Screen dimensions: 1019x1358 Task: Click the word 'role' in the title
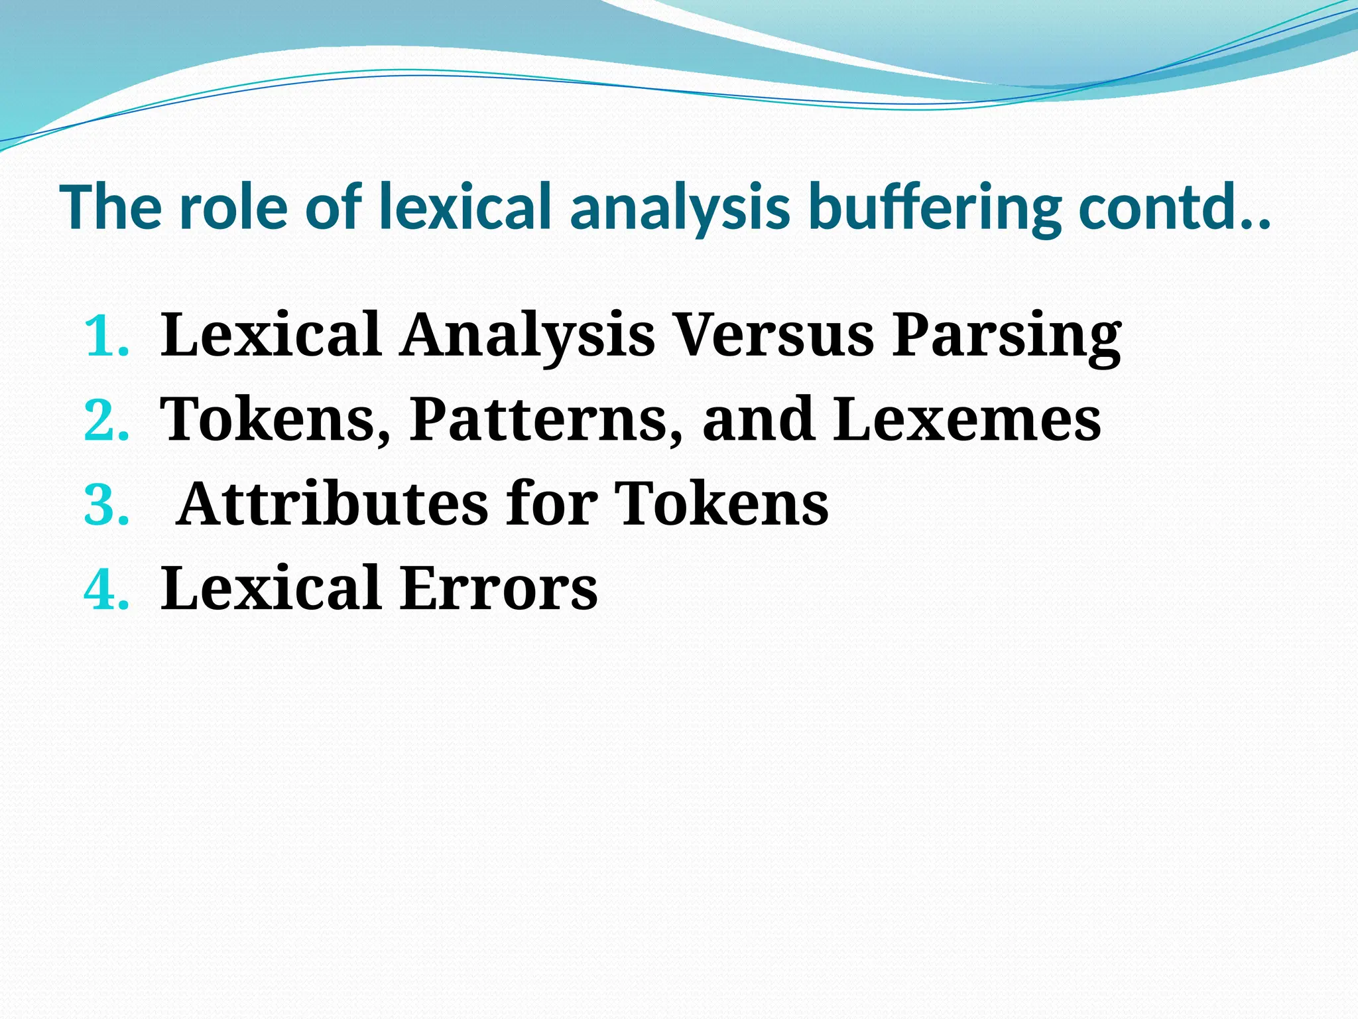coord(233,207)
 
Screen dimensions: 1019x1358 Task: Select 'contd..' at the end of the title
coord(1174,207)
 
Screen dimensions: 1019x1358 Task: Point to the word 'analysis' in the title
coord(680,207)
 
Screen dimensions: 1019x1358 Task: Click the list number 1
coord(106,336)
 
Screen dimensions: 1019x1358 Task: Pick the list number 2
coord(106,421)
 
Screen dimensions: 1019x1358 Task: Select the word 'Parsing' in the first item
coord(1006,336)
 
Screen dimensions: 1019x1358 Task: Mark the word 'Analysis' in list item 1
coord(527,336)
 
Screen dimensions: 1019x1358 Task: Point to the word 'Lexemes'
coord(967,419)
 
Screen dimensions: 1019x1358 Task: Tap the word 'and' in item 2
coord(758,419)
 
